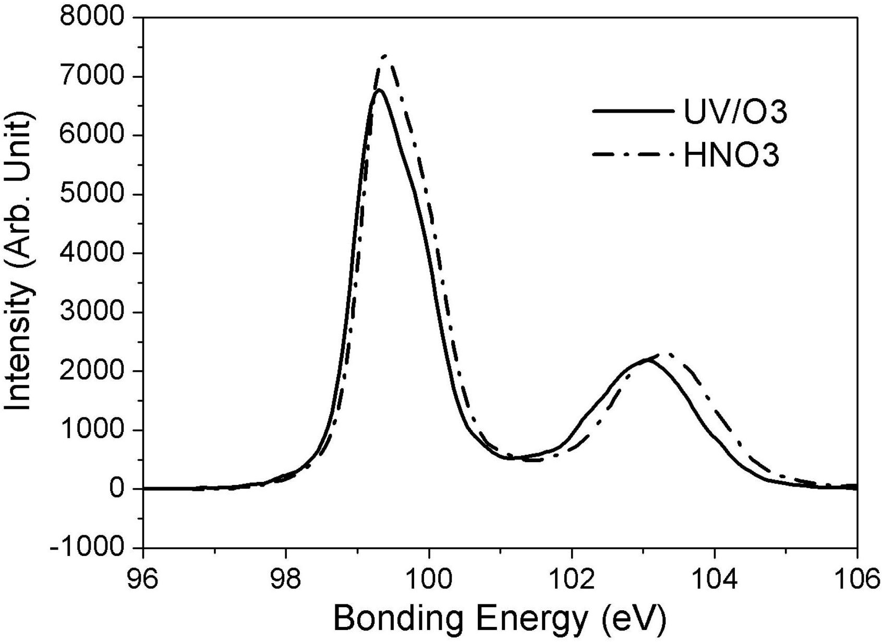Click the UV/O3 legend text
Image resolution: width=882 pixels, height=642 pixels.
[735, 112]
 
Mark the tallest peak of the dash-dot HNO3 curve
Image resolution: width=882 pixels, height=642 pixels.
[385, 56]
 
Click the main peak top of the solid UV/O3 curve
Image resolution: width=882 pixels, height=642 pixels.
[379, 90]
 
